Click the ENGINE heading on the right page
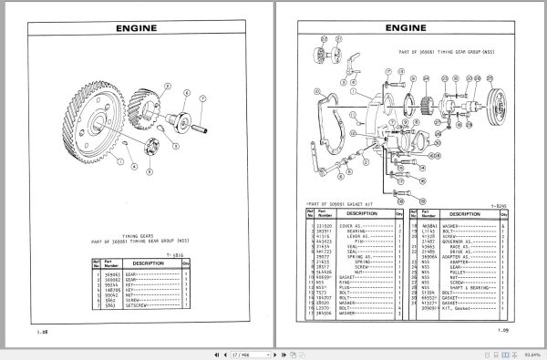click(x=408, y=27)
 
